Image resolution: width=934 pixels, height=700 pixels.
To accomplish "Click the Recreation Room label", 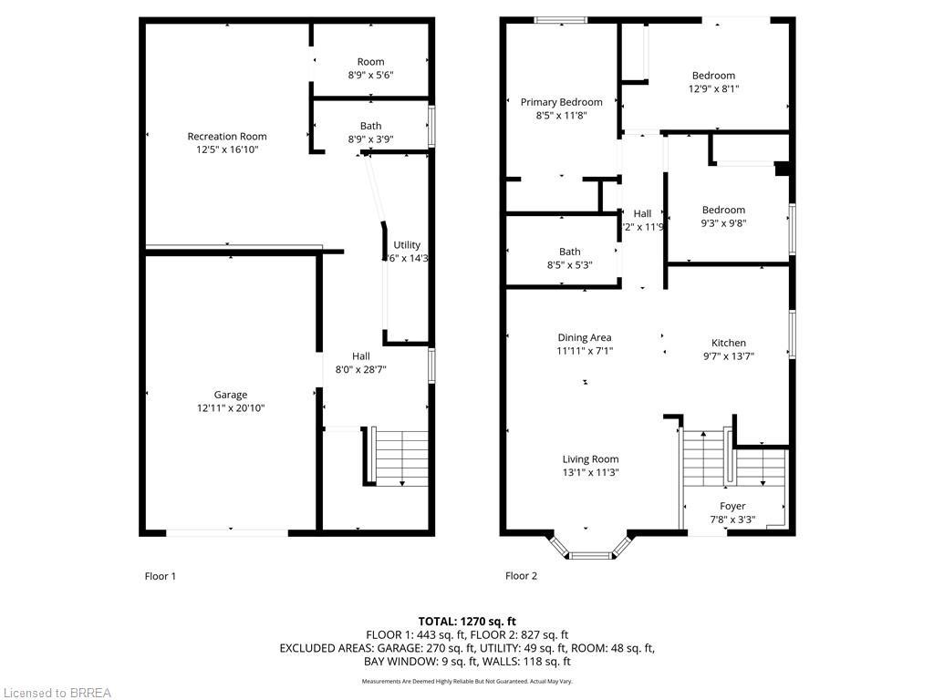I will (227, 137).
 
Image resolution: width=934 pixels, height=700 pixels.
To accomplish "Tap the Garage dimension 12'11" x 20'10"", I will (231, 408).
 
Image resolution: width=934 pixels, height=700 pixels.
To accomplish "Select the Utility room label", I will (407, 245).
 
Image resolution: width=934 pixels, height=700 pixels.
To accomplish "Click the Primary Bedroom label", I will (561, 102).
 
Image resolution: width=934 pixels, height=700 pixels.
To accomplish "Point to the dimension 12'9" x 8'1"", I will (713, 89).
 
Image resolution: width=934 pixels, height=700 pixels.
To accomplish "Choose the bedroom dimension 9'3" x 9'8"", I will (723, 223).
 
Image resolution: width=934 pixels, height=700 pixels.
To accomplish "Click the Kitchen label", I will (729, 343).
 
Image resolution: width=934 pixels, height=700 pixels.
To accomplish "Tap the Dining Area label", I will (585, 337).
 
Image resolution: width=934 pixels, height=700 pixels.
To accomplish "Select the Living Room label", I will (590, 459).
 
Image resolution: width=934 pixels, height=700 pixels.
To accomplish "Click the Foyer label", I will (732, 506).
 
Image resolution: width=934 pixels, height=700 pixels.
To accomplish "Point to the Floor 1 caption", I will (161, 576).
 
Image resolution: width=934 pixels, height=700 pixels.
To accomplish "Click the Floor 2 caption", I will (522, 576).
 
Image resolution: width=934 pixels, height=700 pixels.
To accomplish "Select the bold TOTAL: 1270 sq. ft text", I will (466, 621).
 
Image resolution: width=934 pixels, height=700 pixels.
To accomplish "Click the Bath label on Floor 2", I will (569, 252).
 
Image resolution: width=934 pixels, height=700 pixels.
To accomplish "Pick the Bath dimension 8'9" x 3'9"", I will (370, 139).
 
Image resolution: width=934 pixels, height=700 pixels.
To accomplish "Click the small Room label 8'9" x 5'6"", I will (370, 62).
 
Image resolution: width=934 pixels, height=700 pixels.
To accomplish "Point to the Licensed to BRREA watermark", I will (57, 693).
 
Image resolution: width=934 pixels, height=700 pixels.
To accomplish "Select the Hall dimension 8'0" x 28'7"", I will (361, 370).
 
